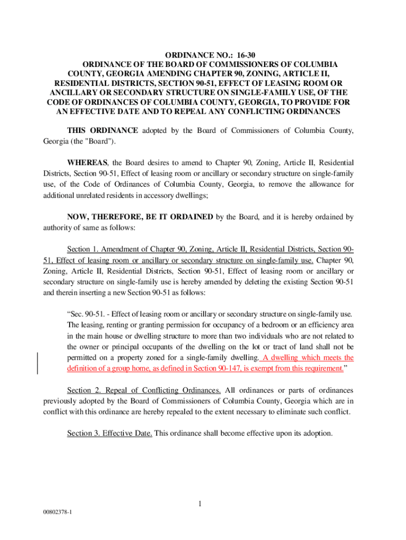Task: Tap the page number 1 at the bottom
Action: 200,504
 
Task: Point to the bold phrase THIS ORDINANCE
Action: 103,130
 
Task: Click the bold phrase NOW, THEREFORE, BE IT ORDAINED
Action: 140,217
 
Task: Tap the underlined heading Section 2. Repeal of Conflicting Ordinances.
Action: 144,390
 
